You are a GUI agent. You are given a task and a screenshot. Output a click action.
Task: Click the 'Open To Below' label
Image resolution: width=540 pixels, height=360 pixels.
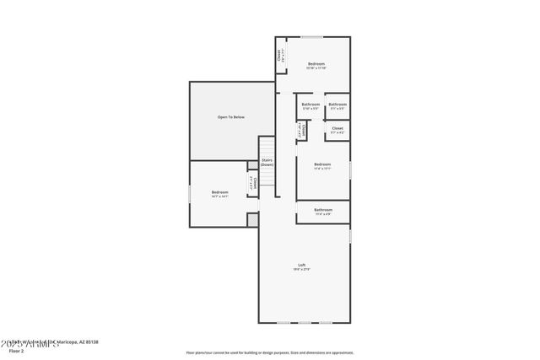tap(230, 116)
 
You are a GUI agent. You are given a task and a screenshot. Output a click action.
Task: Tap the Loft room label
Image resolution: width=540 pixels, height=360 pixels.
tap(301, 266)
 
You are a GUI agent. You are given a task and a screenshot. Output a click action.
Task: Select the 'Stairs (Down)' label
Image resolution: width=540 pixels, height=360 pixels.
tap(267, 162)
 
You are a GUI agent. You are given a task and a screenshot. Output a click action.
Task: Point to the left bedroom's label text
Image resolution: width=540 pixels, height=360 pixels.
tap(219, 194)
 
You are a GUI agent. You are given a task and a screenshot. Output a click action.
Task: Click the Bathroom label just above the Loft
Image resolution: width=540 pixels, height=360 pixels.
tap(322, 211)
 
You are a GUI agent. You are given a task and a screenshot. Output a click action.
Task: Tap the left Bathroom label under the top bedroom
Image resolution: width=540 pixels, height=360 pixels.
tap(310, 106)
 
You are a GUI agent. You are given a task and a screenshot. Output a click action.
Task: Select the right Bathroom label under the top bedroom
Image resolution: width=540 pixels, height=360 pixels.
tap(337, 106)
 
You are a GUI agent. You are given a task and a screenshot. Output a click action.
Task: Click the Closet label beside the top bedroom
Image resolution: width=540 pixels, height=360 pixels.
tap(280, 57)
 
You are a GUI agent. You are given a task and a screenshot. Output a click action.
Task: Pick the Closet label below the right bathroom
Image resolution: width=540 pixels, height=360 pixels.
tap(337, 130)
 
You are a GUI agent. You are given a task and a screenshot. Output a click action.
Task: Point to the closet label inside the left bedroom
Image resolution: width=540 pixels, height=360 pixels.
tap(251, 183)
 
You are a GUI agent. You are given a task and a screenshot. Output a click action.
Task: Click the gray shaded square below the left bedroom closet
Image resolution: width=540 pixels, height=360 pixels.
tap(251, 219)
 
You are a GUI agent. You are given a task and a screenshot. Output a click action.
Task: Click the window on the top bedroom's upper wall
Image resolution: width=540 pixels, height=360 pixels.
tap(313, 37)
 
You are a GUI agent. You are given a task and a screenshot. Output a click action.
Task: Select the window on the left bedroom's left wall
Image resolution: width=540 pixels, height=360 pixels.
tap(190, 194)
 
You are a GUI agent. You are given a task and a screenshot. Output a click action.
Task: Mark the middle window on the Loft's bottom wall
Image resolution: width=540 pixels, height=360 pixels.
tap(304, 323)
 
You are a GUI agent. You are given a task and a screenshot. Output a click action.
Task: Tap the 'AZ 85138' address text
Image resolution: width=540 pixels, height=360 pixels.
tap(86, 341)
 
